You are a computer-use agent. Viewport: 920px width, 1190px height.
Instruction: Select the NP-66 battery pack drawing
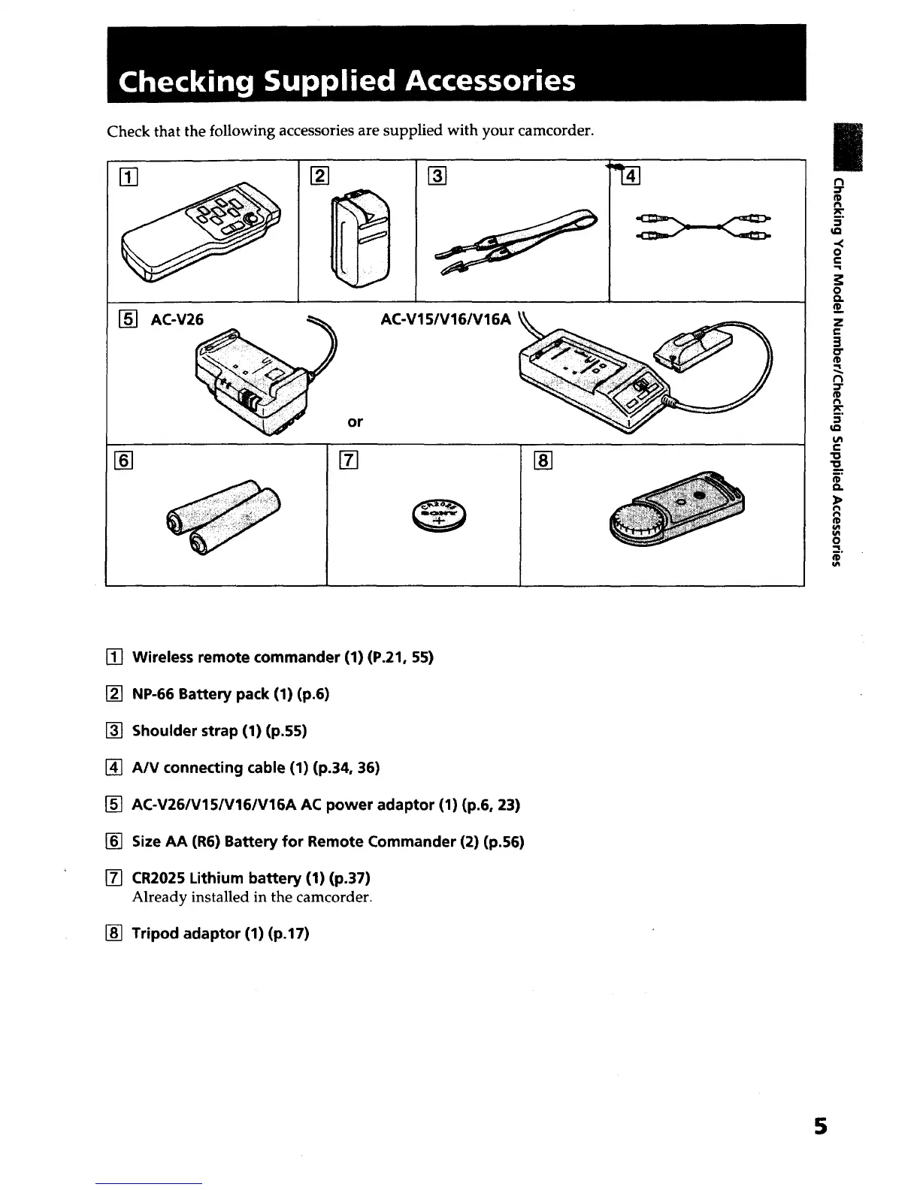pos(358,234)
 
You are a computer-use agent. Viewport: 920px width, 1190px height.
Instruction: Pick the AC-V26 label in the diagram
pos(177,319)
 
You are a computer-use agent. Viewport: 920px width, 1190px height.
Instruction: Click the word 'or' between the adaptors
pos(356,422)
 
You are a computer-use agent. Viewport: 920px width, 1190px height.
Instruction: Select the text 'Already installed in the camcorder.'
pos(252,897)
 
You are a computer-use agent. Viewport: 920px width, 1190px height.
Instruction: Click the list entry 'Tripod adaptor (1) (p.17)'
pos(220,933)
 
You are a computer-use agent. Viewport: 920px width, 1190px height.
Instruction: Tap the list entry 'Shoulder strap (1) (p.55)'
pos(219,730)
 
